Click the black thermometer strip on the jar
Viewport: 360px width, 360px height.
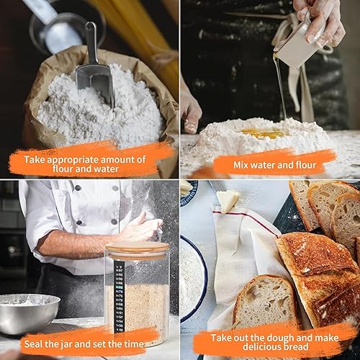coord(119,297)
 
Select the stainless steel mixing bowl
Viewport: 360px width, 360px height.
coord(28,313)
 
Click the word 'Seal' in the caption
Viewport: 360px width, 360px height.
coord(33,344)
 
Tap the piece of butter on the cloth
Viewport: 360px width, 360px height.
coord(228,200)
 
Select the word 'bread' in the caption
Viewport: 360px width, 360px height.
coord(297,347)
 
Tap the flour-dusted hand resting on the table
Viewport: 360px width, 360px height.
coord(191,114)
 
